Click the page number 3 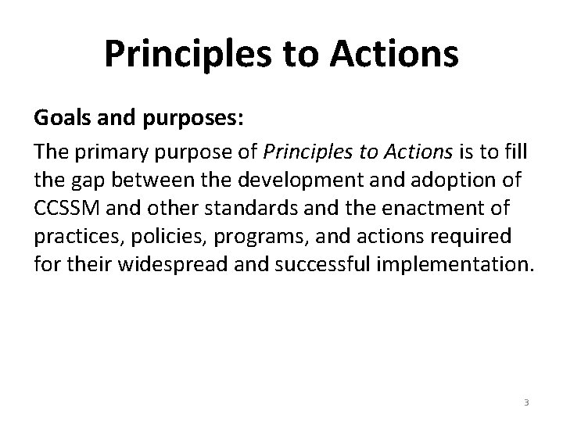[526, 402]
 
